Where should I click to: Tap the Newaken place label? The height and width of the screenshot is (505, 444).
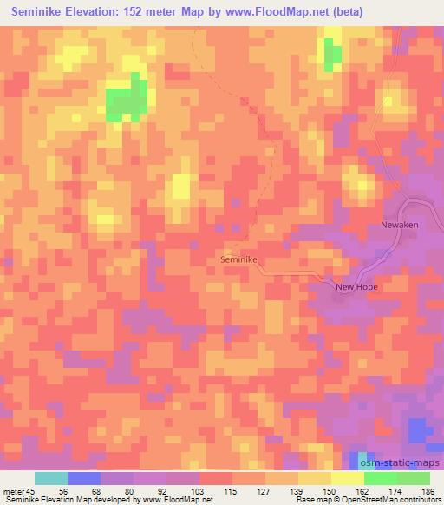point(400,225)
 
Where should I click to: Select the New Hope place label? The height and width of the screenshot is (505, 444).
point(358,285)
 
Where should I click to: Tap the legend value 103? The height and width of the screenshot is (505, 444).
point(199,491)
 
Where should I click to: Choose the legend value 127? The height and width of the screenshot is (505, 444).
point(265,491)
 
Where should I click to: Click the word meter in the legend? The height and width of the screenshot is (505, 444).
point(12,491)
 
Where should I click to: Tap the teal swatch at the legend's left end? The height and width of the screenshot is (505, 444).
point(50,478)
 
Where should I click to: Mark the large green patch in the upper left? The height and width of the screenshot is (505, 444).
point(127,100)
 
